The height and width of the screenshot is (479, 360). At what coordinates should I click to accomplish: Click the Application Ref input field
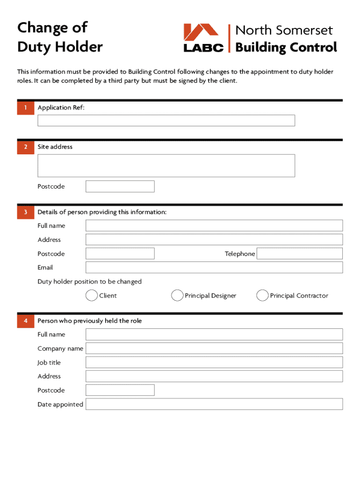166,121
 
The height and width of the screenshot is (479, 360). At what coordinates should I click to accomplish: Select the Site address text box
166,166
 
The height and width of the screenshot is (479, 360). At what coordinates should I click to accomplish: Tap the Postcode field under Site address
120,187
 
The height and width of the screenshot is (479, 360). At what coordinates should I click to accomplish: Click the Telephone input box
300,254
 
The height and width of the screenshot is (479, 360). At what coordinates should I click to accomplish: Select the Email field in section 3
214,268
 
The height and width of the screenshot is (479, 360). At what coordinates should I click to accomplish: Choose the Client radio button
92,296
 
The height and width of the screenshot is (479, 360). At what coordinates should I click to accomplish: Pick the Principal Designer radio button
177,296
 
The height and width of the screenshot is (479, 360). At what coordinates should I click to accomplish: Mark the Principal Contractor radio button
262,296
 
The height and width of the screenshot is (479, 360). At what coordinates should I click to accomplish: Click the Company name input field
214,348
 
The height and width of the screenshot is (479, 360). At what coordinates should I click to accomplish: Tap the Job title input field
214,363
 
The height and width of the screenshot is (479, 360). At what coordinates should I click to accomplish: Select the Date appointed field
214,404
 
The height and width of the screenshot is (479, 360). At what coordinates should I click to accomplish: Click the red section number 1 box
26,108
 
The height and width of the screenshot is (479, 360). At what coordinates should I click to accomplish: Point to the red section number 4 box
26,321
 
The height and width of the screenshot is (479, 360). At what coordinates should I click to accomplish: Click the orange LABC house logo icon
201,32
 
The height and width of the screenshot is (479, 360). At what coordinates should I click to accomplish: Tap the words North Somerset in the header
284,31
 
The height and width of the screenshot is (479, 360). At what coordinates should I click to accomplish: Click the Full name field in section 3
214,226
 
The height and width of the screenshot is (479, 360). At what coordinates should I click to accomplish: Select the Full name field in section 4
214,334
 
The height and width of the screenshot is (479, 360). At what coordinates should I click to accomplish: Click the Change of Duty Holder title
60,37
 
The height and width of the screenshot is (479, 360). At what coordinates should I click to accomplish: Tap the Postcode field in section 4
120,390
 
